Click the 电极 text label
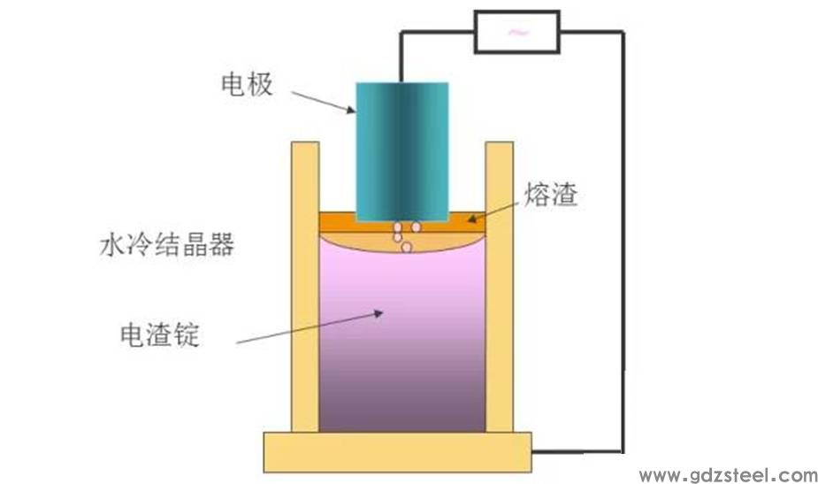click(247, 85)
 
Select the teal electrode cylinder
click(402, 152)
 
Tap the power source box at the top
click(517, 33)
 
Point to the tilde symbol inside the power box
click(518, 33)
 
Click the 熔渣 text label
click(551, 195)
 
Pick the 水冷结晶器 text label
click(167, 245)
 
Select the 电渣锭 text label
click(160, 334)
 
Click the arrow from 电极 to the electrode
click(323, 102)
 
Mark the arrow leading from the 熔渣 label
click(495, 212)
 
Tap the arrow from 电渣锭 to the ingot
click(310, 328)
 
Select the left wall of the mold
click(305, 287)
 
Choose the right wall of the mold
click(500, 287)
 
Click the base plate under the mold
click(398, 452)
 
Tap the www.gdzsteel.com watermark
click(729, 474)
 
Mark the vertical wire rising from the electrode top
click(401, 57)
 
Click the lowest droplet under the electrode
click(407, 247)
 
